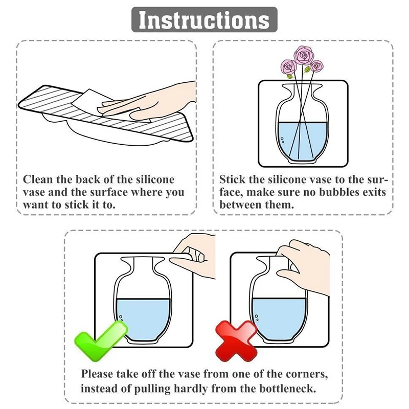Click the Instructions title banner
tap(204, 19)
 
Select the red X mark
tap(237, 342)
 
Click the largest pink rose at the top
tap(303, 55)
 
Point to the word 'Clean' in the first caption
tap(38, 179)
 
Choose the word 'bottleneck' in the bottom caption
tap(287, 389)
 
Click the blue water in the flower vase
tap(303, 142)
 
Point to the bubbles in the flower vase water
tap(282, 140)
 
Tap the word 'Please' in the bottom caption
tap(97, 374)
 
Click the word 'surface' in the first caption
tap(108, 192)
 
